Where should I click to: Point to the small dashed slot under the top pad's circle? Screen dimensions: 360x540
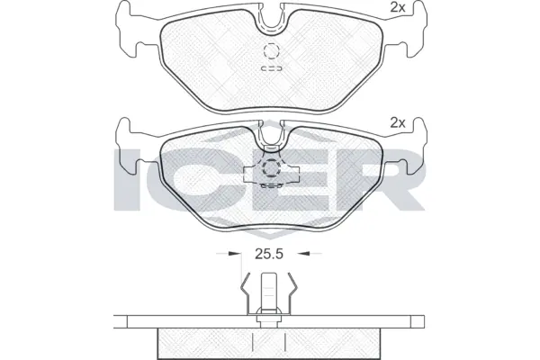point(271,68)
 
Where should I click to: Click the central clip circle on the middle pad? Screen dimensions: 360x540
point(271,168)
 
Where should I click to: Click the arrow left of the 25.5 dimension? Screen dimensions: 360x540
point(236,255)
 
